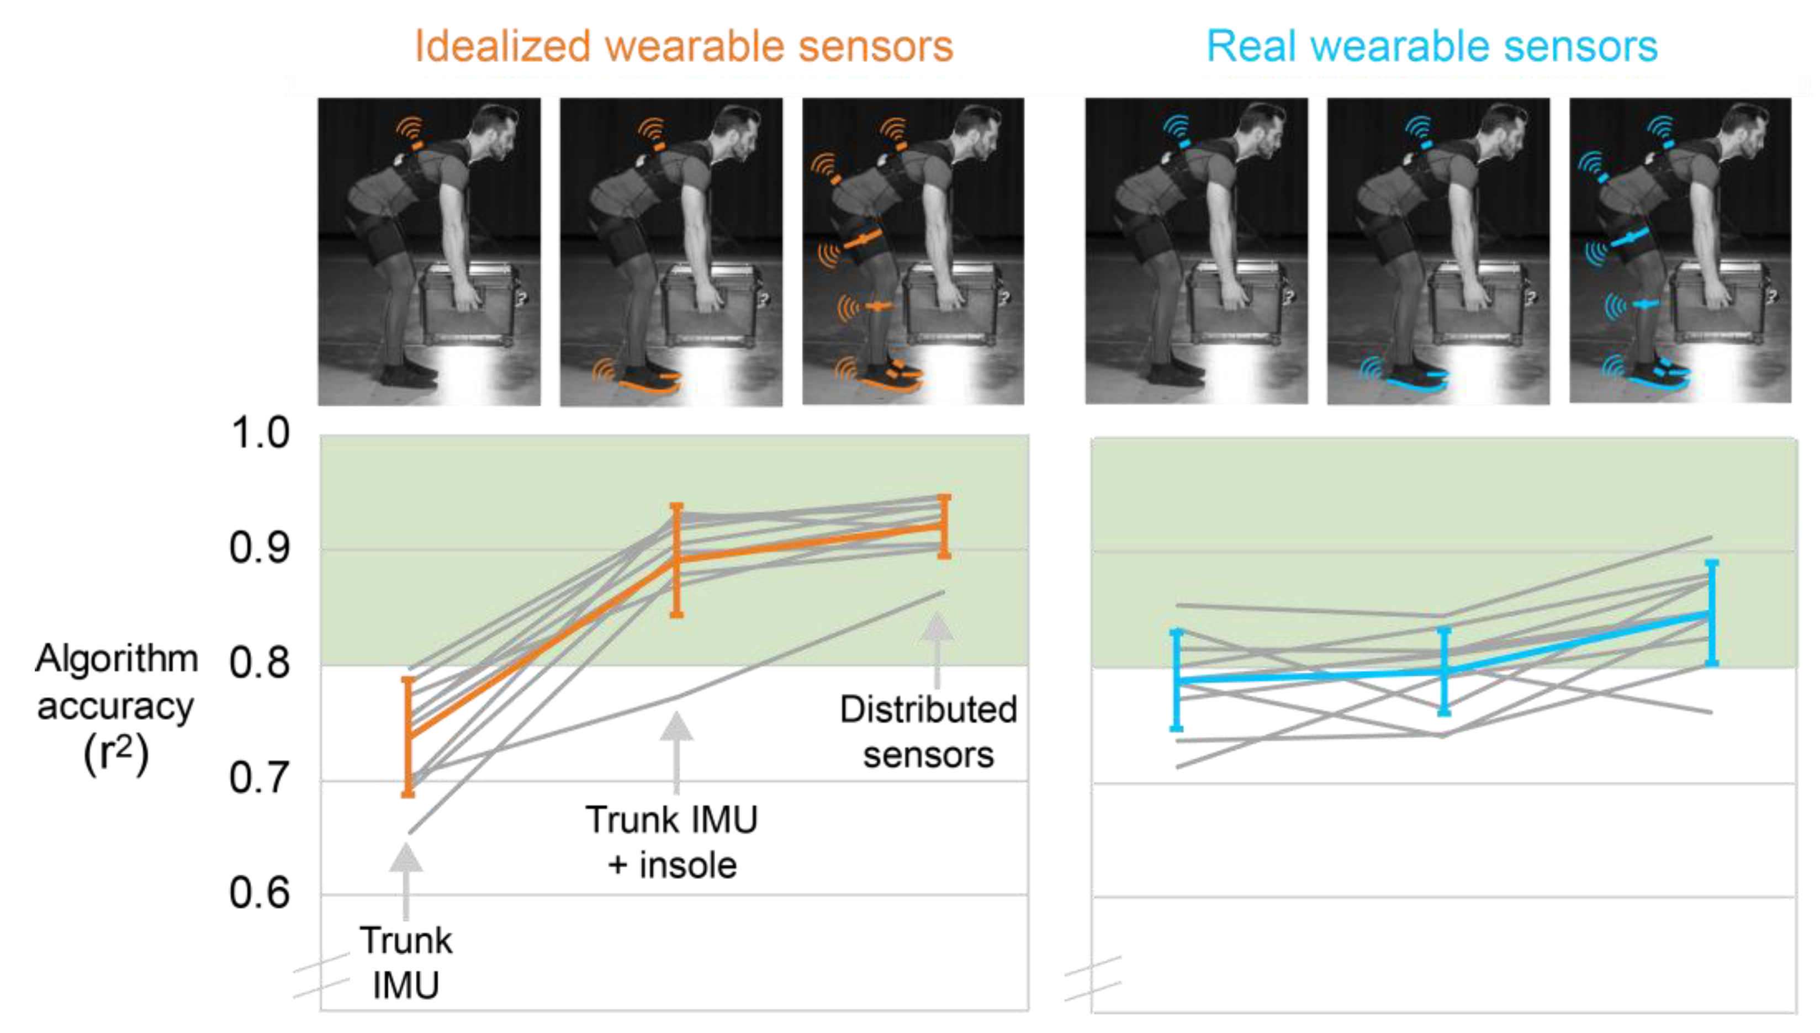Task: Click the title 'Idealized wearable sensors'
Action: pos(683,47)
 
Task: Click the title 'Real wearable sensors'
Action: pos(1432,47)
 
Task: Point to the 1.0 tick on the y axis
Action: pos(260,433)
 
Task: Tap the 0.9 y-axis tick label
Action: pos(260,548)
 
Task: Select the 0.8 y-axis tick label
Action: pos(260,664)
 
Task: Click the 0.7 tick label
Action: pos(260,778)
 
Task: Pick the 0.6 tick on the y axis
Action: pos(260,893)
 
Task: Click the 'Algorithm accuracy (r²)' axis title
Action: pos(117,706)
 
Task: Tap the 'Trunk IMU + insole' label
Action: pos(672,842)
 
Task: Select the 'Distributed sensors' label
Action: pos(928,732)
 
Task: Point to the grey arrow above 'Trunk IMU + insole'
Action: pos(676,752)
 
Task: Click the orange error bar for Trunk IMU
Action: pos(408,737)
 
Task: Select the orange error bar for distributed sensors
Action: pos(944,526)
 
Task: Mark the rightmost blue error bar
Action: pos(1711,612)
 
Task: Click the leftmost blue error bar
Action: pos(1177,680)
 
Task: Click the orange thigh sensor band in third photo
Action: pos(862,239)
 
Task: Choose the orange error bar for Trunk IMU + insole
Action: pos(677,560)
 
